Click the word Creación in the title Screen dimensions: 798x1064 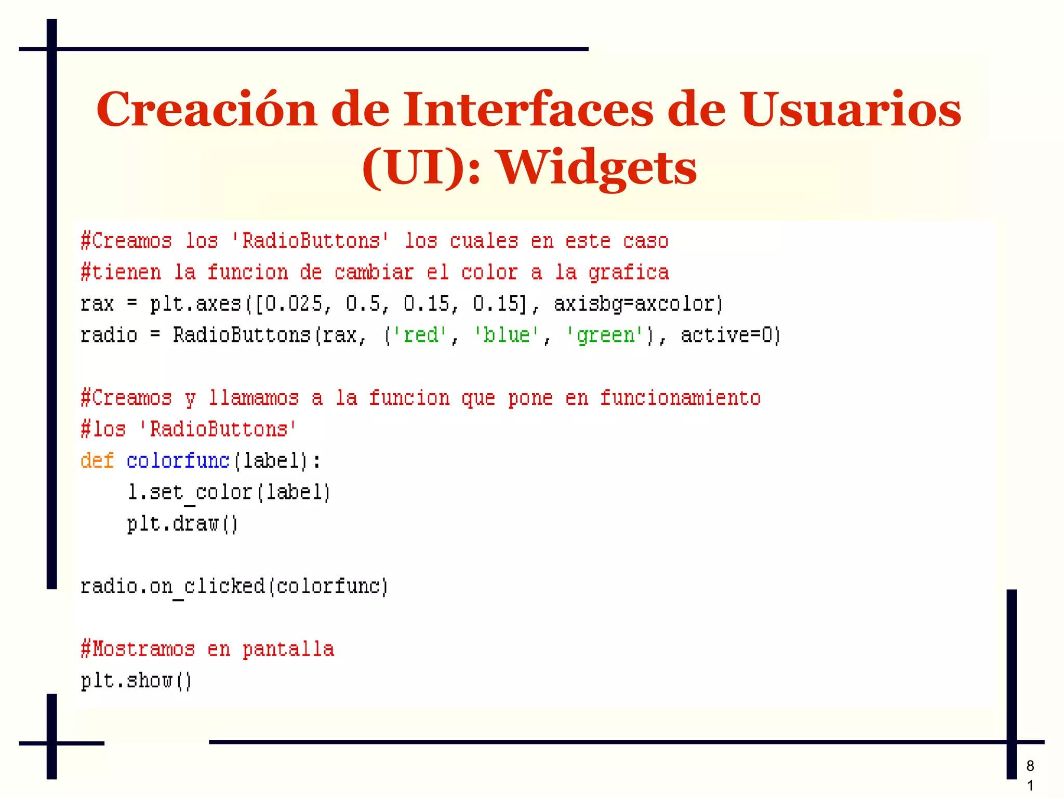[206, 110]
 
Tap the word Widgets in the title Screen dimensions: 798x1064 [597, 168]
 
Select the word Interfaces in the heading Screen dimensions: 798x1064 [528, 110]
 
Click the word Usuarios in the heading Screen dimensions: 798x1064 [851, 110]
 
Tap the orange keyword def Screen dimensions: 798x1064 [97, 461]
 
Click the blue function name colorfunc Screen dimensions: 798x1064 [178, 461]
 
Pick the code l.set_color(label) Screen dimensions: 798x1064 [229, 492]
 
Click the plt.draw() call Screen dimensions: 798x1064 [182, 524]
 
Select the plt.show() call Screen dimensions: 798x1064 [136, 681]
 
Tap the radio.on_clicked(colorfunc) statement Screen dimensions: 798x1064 [234, 586]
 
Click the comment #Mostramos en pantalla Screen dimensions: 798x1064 [207, 649]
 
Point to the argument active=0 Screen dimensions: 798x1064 [730, 335]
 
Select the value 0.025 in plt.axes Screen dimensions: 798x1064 [294, 304]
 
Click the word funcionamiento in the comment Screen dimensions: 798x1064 [680, 398]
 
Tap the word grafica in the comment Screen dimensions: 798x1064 [629, 272]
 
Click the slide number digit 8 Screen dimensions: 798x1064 [1030, 766]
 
